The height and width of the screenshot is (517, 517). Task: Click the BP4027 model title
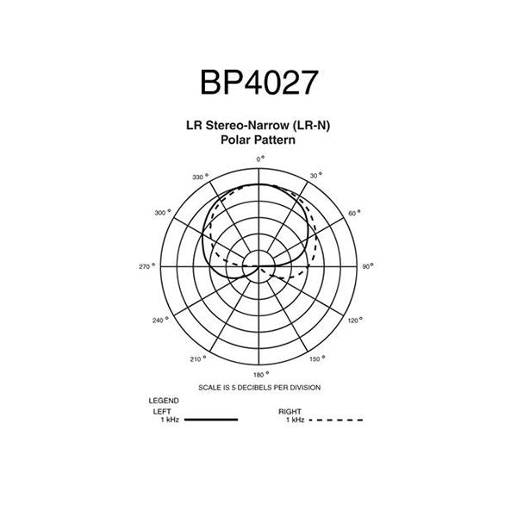(x=259, y=83)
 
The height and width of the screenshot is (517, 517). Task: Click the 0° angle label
(x=260, y=159)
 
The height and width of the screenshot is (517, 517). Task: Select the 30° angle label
(x=316, y=176)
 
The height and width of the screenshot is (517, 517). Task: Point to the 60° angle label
(x=354, y=213)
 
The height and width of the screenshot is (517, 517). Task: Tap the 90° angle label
(x=368, y=266)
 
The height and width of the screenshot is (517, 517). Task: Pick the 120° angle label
(x=355, y=321)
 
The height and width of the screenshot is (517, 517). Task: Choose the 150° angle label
(x=317, y=358)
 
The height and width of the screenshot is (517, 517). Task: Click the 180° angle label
(x=261, y=375)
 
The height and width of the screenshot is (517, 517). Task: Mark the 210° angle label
(x=198, y=358)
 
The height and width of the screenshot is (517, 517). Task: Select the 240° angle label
(x=160, y=321)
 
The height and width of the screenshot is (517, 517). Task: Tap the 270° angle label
(x=146, y=266)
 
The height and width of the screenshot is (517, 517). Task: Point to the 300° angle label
(x=163, y=213)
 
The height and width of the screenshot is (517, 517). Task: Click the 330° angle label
(x=201, y=177)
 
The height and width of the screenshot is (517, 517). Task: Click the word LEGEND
(x=164, y=401)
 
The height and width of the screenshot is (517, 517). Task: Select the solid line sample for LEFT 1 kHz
(x=211, y=420)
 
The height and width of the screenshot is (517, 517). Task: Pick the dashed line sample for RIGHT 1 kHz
(x=336, y=420)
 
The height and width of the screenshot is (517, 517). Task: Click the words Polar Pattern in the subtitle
(x=258, y=140)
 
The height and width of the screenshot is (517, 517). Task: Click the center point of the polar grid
(x=258, y=266)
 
